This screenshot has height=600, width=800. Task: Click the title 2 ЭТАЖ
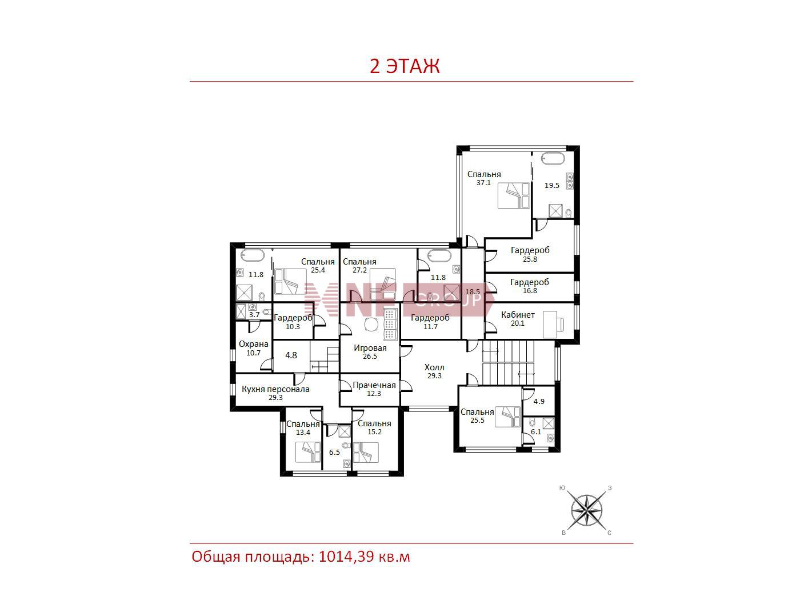point(405,66)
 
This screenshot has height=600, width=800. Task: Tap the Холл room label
point(434,367)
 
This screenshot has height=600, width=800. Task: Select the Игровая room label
point(370,348)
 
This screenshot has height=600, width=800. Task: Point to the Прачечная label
point(374,385)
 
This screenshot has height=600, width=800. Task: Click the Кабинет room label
point(518,315)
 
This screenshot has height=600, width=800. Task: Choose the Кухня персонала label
point(275,389)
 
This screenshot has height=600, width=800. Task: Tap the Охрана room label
point(253,344)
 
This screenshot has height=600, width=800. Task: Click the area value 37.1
point(483,183)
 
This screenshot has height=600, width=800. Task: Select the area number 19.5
point(552,185)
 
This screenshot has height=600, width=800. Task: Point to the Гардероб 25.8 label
point(530,254)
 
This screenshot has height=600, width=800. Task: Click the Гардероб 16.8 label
point(530,286)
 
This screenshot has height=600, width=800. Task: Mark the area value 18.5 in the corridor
point(473,292)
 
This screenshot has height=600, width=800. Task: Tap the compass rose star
point(586,510)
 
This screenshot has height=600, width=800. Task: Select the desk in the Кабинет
point(550,324)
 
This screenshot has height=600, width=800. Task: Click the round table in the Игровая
point(371,324)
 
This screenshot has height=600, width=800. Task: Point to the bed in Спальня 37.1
point(514,195)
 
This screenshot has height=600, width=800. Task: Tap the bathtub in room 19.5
point(553,159)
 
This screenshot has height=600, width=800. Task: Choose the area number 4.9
point(539,402)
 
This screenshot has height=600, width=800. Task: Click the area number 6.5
point(334,453)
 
